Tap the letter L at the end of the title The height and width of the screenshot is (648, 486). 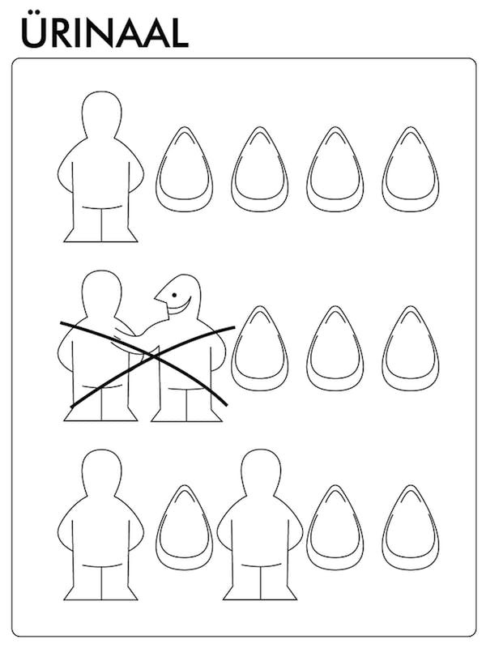179,32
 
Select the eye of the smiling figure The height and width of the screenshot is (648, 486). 174,295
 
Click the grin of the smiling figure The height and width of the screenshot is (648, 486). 178,307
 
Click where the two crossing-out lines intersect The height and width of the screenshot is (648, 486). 153,356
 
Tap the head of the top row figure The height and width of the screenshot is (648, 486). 102,113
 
